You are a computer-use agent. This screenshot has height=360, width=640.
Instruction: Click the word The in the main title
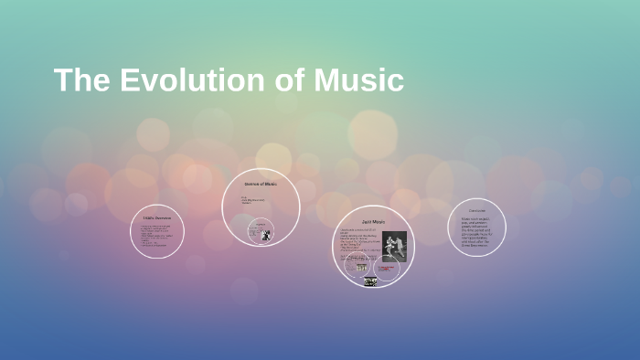click(78, 80)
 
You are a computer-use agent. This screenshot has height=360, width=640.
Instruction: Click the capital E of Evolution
click(124, 80)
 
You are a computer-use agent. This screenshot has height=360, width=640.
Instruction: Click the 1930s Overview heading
click(157, 217)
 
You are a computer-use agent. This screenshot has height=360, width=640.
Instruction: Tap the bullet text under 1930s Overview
click(155, 235)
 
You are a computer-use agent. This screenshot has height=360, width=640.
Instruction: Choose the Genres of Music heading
click(261, 184)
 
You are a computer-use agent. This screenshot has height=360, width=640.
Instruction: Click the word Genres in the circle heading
click(253, 184)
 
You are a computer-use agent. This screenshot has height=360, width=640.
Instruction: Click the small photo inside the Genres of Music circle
click(265, 235)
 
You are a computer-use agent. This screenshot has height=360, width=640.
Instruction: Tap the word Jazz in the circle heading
click(367, 222)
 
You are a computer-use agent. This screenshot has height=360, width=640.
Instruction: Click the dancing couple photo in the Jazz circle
click(393, 246)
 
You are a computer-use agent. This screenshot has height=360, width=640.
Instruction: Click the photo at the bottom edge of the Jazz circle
click(370, 281)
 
